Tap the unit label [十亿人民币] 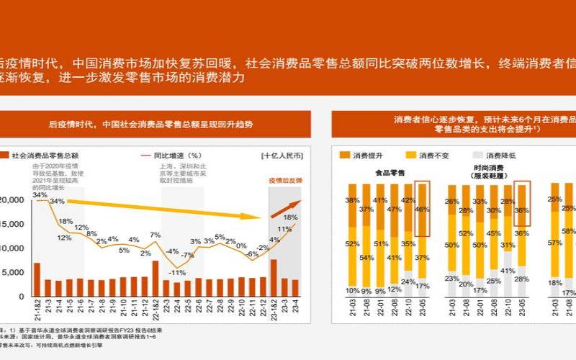click(282, 155)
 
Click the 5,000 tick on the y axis click(17, 273)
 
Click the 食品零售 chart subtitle click(390, 173)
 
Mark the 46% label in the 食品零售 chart click(423, 210)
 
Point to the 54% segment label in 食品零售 click(366, 257)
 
